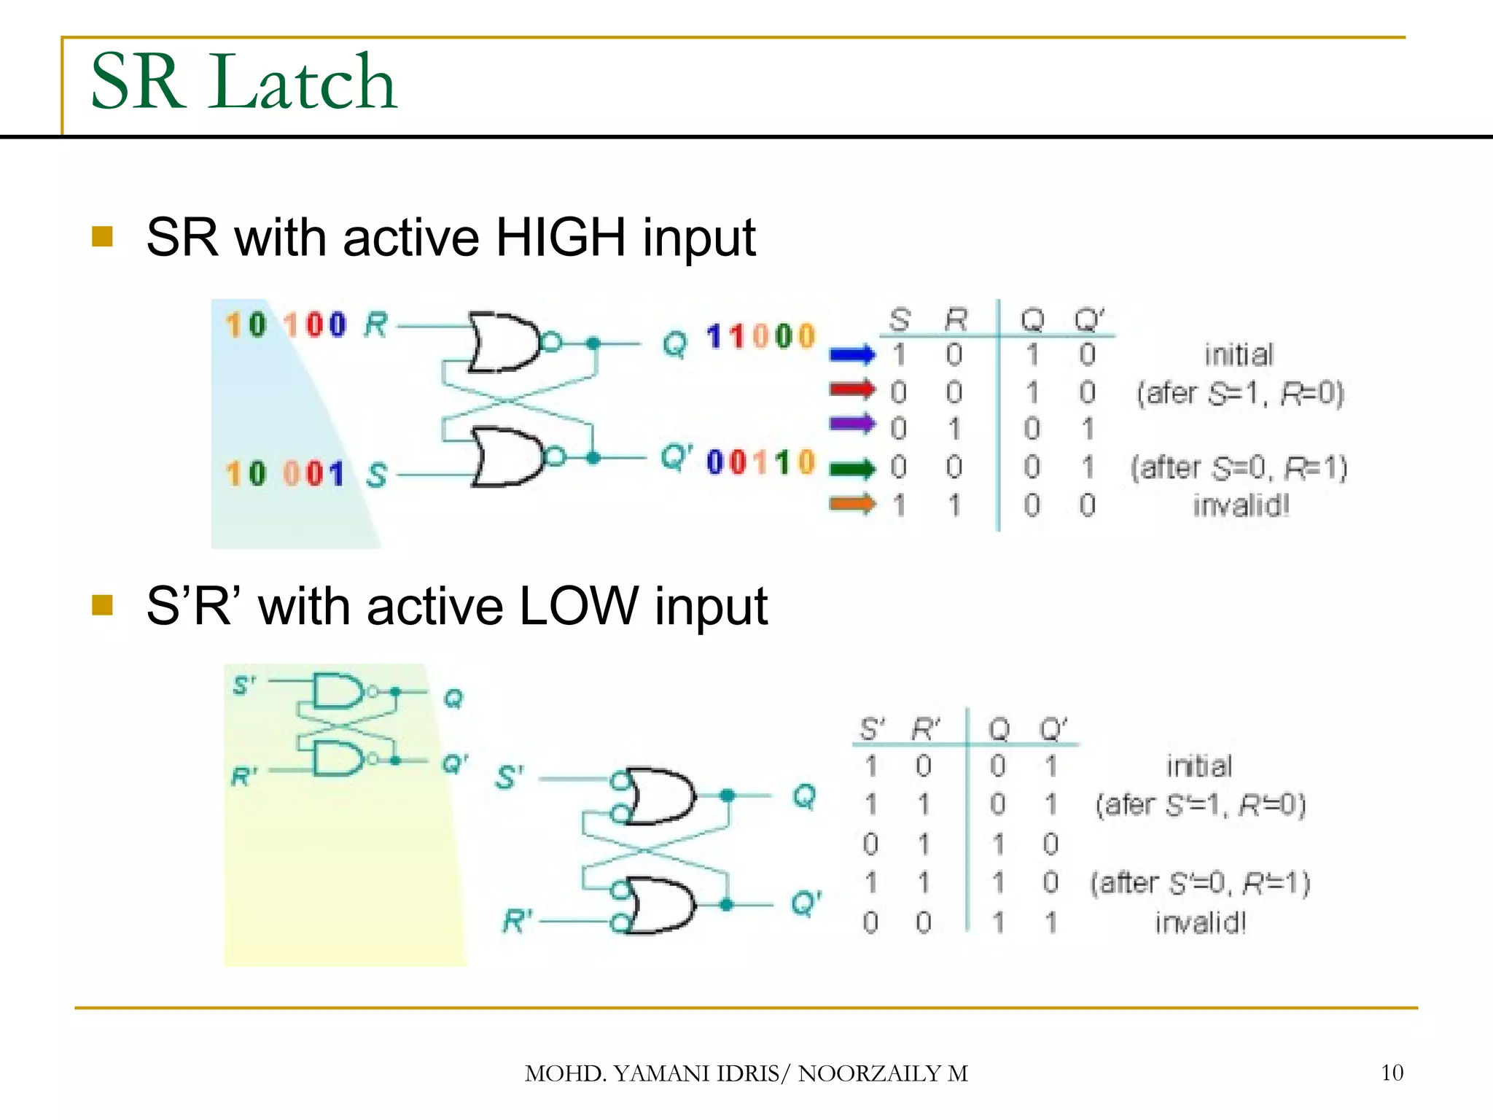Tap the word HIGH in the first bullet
(560, 238)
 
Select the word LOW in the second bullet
(579, 607)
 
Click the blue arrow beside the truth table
(851, 355)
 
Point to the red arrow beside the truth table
(851, 389)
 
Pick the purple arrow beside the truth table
(851, 423)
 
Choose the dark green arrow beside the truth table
(851, 468)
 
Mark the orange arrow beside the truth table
(851, 503)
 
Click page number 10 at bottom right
(1392, 1073)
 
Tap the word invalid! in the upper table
(1241, 505)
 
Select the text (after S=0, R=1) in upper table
(1239, 467)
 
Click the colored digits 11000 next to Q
(760, 337)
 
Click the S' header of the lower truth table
(872, 728)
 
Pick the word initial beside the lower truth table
(1198, 766)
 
